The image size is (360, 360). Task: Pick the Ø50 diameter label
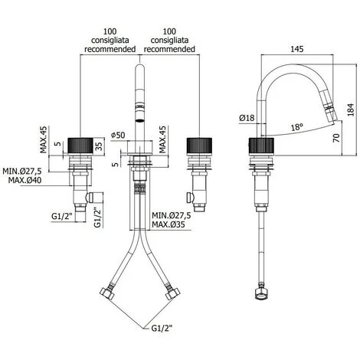[x=116, y=136]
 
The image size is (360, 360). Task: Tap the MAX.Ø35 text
[x=171, y=225]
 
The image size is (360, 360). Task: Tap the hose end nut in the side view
[x=262, y=292]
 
